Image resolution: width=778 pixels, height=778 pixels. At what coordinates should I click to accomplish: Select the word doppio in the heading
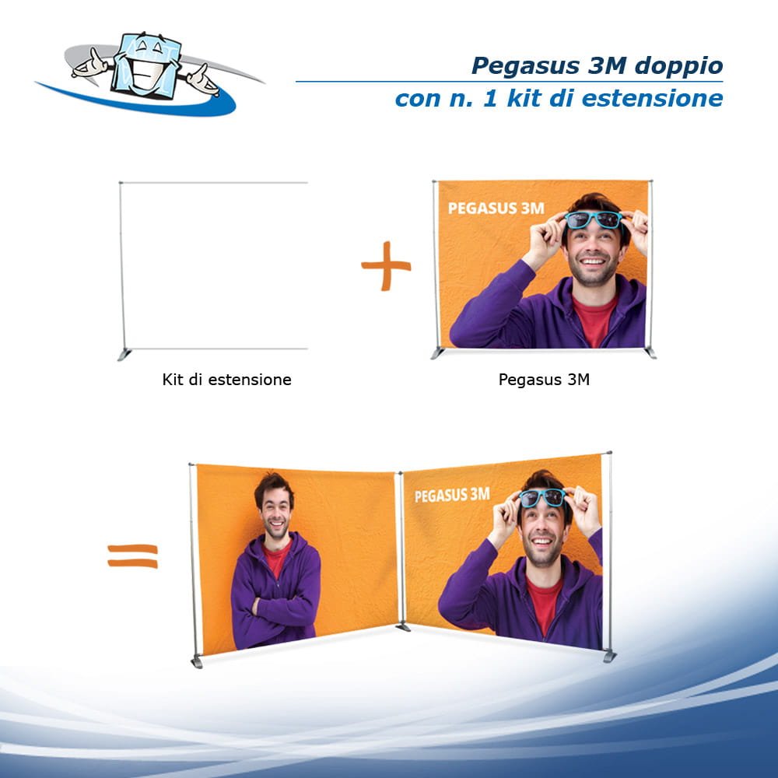point(678,66)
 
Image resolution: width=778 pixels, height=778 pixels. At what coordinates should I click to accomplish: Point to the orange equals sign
point(132,555)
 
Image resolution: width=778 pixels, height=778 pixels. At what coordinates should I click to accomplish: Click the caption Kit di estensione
point(226,380)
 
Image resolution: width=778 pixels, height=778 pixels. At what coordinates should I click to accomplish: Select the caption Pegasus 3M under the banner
point(544,380)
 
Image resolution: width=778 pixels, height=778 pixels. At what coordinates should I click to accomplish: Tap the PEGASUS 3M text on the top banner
point(496,209)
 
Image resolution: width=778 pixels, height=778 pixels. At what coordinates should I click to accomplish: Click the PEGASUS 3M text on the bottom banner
point(452,495)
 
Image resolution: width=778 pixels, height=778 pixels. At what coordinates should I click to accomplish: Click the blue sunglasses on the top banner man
point(593,220)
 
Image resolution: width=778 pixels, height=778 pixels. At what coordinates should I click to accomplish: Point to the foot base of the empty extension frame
point(124,355)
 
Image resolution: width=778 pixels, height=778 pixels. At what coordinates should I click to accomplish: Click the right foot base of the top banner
point(650,352)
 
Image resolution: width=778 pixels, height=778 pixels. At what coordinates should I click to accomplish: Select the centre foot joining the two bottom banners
point(402,626)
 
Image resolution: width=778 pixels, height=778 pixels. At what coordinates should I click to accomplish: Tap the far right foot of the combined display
point(609,656)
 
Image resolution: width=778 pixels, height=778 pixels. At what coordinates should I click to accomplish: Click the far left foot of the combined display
point(197,662)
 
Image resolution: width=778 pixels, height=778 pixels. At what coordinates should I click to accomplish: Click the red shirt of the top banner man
point(594,319)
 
